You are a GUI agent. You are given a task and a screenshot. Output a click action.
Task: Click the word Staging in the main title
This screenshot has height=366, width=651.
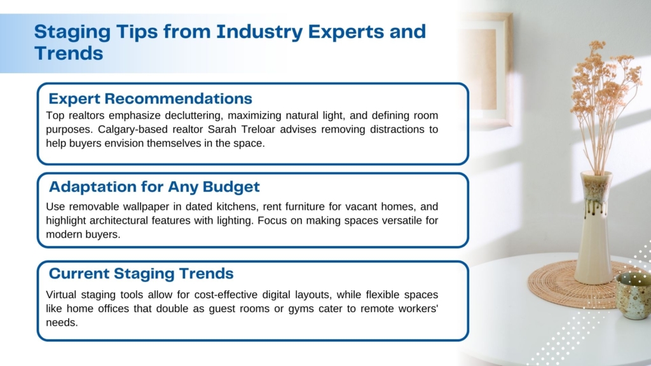pos(72,32)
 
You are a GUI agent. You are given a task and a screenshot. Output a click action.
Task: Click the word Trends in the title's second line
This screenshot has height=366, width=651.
pos(69,53)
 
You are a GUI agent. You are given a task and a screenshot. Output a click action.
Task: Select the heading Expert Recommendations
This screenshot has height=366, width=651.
pos(150,98)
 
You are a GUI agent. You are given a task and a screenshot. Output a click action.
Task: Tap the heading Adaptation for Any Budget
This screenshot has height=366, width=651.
pos(154,187)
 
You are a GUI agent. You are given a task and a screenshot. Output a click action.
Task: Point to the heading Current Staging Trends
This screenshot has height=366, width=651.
pos(141,274)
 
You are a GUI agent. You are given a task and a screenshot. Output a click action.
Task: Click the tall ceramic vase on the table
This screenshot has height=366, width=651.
pos(594,228)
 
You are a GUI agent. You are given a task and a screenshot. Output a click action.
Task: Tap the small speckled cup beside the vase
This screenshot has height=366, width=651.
pos(633,295)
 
